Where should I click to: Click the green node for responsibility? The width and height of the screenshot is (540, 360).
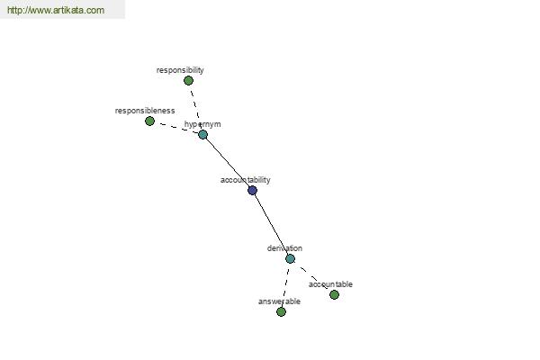point(188,81)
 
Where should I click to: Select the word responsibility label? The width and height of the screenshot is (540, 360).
point(180,70)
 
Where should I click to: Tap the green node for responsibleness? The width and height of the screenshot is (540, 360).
point(149,121)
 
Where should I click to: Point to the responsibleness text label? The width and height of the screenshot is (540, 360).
point(145,111)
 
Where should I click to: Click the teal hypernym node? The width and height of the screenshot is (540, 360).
point(202,135)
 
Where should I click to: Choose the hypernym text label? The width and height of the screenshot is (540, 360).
point(202,124)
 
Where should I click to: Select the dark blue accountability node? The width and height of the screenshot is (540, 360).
point(252,190)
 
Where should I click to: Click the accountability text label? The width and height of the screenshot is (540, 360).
point(245,180)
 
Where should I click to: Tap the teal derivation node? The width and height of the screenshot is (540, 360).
point(291,258)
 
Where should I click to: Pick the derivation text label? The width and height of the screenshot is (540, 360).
point(284,248)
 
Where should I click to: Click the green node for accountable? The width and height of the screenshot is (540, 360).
point(334,294)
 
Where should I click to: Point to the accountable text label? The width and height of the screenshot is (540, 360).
point(330,284)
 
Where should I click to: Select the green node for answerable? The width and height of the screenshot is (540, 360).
point(281,311)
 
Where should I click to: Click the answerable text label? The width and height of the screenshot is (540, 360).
point(279,301)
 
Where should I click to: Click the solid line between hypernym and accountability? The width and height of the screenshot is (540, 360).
point(228,163)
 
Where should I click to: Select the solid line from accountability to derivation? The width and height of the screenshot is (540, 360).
point(272,225)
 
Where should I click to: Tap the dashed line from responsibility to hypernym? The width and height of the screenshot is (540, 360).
point(195,107)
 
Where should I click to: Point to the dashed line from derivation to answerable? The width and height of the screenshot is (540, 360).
point(286,285)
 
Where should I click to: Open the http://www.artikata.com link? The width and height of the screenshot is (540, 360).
point(56,10)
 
